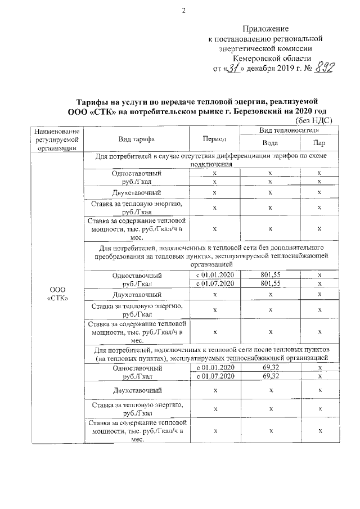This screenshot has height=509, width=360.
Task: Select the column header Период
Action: pos(214,139)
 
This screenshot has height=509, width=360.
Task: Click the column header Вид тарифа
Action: pos(137,139)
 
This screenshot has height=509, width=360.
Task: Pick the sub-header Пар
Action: pos(319,143)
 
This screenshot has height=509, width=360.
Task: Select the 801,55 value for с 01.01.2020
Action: pos(271,275)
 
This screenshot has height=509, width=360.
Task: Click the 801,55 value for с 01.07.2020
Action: pos(271,284)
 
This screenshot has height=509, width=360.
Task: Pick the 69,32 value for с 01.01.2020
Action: pos(271,367)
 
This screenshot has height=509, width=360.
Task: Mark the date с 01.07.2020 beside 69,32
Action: pos(214,376)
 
